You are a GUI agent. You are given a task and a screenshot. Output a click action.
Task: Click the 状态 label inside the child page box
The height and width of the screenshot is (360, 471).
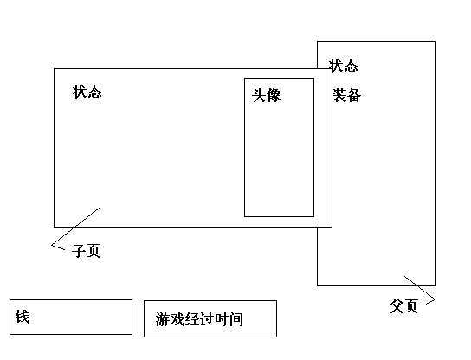point(87,92)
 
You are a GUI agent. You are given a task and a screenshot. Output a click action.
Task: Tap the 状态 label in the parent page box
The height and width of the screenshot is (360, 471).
point(344,66)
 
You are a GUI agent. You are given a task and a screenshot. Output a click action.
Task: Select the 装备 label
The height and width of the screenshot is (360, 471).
point(347,96)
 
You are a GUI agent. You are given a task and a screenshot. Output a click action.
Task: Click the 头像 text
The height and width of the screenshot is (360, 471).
point(267,96)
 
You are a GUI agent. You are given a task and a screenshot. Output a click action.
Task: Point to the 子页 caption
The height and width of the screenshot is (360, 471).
point(86,251)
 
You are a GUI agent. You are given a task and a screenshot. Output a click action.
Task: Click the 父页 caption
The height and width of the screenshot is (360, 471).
point(403,306)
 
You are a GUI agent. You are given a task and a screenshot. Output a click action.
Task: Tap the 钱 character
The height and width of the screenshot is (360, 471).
point(23,317)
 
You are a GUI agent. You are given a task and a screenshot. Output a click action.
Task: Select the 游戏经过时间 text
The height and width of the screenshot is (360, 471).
point(199,319)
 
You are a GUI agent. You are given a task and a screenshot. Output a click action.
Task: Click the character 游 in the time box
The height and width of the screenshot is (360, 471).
point(163,319)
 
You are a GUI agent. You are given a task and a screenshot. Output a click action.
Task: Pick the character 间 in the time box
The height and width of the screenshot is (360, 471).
point(236,319)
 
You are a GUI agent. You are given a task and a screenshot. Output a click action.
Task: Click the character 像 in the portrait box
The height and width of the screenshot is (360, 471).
point(274,96)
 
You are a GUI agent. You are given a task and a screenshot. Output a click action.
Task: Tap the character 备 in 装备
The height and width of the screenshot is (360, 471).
point(354,96)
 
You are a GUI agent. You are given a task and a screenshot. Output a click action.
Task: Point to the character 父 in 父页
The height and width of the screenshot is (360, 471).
point(397,306)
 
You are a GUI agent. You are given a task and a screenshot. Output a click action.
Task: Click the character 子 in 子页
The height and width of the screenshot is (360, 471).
point(79,251)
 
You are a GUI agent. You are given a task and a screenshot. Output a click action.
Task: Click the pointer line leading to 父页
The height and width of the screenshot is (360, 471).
point(421,288)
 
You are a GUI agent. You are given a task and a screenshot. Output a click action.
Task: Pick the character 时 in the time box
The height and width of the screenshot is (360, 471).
point(222,319)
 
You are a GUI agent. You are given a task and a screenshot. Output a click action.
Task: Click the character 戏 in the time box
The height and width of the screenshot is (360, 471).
point(177,319)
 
